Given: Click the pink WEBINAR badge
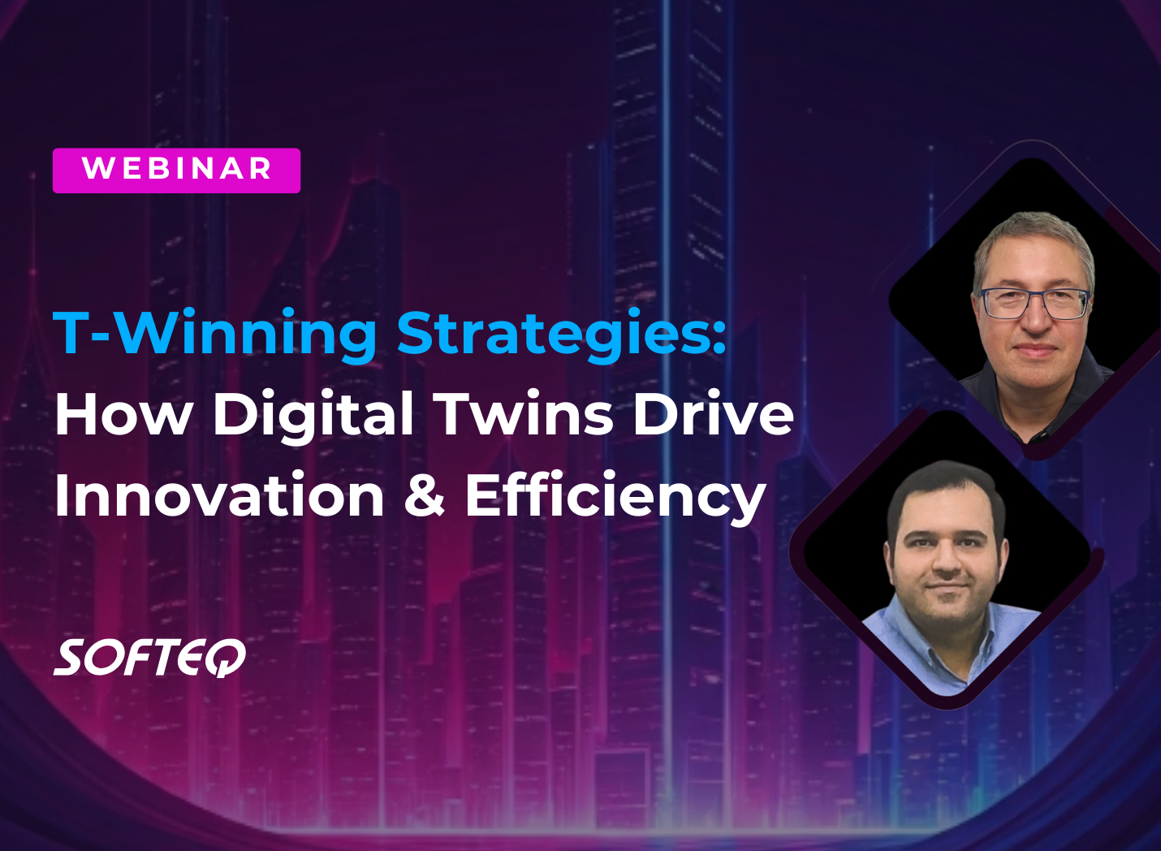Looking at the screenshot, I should coord(176,170).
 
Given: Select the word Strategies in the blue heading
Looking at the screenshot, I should coord(551,333).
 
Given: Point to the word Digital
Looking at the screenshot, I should coord(313,414).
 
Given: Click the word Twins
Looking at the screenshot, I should coord(524,414).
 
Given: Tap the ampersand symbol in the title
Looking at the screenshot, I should coord(425,496).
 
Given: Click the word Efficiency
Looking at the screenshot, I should coord(615,496).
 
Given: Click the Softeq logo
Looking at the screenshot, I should coord(150,658).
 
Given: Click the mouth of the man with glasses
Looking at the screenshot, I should coord(1035,350).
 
